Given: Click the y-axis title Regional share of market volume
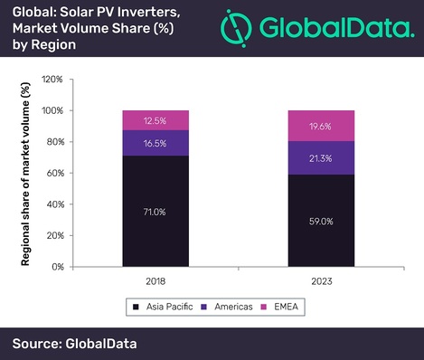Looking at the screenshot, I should (27, 174).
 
